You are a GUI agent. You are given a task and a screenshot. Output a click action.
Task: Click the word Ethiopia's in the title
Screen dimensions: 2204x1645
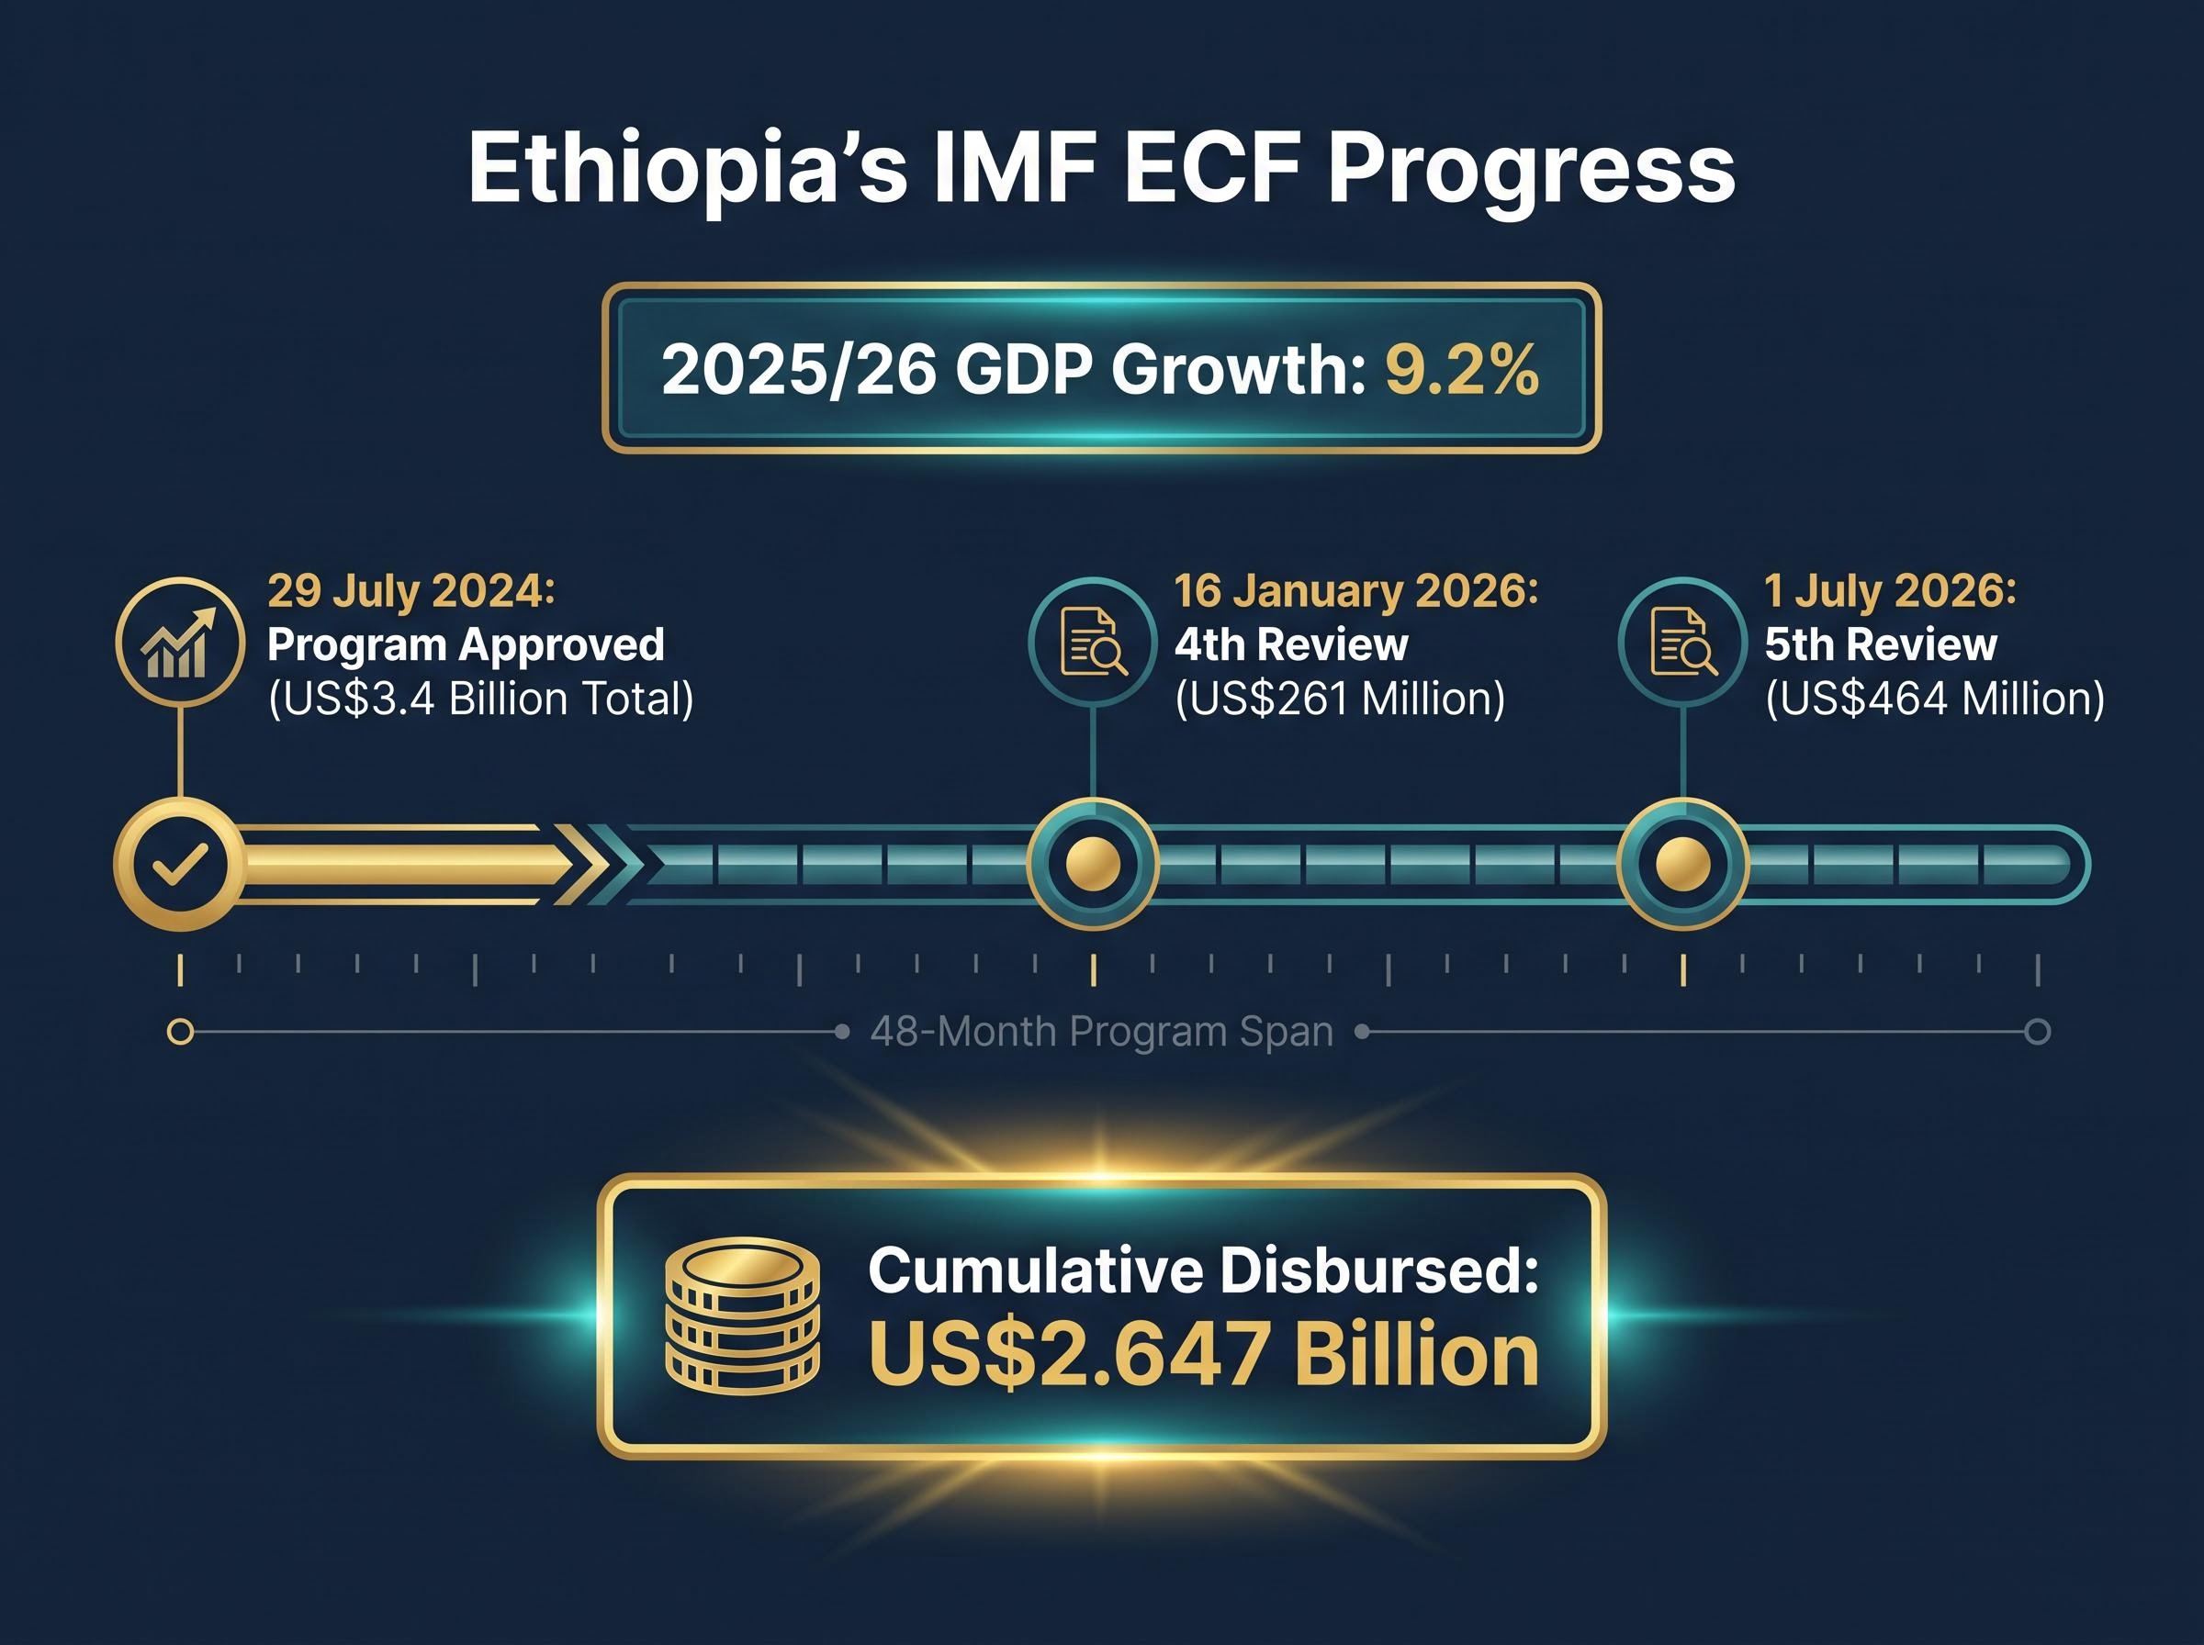[x=688, y=169]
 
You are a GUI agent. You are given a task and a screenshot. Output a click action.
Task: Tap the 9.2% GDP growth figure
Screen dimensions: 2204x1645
[x=1462, y=369]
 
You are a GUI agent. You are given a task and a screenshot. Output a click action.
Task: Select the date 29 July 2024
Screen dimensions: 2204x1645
[x=410, y=590]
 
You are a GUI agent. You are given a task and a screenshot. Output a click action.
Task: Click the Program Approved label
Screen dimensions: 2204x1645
[x=465, y=644]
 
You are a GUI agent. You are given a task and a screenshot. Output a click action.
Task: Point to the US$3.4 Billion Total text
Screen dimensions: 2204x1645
[x=481, y=698]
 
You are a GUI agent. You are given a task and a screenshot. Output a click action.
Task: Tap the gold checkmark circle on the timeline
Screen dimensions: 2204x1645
[x=179, y=863]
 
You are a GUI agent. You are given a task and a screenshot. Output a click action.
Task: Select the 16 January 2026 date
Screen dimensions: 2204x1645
[x=1356, y=590]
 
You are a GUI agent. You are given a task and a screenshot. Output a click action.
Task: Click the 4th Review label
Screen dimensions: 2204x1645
[x=1291, y=644]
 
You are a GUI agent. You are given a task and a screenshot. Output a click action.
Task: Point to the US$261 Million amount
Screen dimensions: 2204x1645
[x=1340, y=698]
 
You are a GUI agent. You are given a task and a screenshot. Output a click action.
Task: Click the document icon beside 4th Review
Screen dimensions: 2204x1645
[x=1093, y=643]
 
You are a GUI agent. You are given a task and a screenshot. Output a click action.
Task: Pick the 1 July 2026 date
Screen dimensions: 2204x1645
[x=1890, y=590]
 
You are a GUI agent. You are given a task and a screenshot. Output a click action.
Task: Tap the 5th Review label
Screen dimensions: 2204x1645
[x=1881, y=644]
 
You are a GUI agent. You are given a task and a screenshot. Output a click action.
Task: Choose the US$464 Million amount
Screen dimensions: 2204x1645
[x=1935, y=698]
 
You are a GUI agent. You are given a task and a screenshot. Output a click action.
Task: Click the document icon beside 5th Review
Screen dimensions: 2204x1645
[x=1683, y=643]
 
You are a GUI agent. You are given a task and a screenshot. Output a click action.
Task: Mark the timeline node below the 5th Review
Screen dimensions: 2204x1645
[x=1683, y=863]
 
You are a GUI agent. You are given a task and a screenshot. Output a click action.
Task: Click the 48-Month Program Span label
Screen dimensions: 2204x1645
[x=1101, y=1032]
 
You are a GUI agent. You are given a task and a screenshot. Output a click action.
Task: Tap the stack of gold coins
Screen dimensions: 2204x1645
[x=742, y=1315]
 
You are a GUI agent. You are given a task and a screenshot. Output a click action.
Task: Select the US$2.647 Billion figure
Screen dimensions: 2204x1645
[x=1203, y=1354]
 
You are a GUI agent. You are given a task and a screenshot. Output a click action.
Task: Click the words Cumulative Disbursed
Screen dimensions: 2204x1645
[x=1203, y=1270]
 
